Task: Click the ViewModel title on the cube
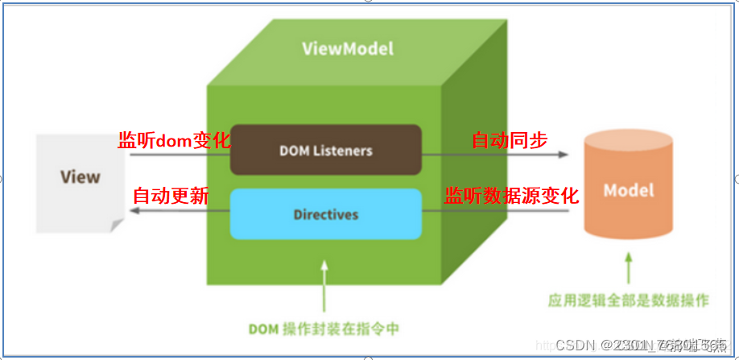pos(348,48)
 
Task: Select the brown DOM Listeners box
pos(326,150)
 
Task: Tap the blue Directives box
pos(326,214)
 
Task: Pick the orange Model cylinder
pos(628,191)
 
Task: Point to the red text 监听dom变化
pos(175,141)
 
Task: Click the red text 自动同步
pos(510,141)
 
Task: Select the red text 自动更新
pos(171,196)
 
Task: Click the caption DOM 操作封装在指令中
pos(325,329)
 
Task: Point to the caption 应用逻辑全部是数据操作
pos(628,300)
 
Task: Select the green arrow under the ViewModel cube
pos(324,286)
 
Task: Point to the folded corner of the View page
pos(118,226)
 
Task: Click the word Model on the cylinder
pos(629,191)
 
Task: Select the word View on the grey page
pos(80,176)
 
